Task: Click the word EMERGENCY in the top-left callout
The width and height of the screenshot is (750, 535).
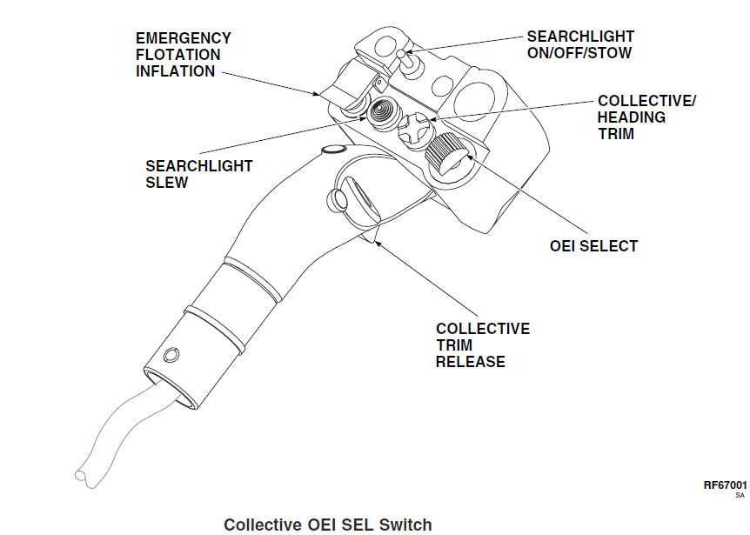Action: coord(184,38)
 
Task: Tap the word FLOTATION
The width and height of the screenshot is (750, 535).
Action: coord(178,55)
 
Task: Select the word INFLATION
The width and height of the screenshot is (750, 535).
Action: coord(176,71)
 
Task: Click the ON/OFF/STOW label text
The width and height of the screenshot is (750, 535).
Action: coord(579,53)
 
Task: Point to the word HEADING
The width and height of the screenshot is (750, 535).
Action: coord(632,117)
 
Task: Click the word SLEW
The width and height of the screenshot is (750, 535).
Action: coord(167,183)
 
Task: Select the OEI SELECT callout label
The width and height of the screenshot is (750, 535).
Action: coord(593,246)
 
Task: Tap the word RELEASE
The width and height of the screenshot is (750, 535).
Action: coord(470,361)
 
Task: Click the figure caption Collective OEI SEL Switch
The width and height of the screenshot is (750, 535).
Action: coord(327,525)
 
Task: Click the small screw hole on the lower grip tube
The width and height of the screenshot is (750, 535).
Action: coord(171,355)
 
